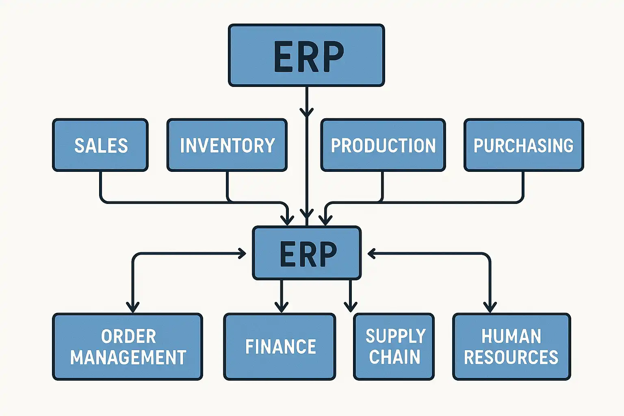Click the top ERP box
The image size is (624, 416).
point(306,55)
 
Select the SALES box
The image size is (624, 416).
point(100,145)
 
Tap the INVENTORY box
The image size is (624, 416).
point(227,145)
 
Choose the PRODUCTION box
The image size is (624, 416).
point(383,145)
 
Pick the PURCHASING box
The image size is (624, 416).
point(524,145)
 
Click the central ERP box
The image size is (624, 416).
point(307,253)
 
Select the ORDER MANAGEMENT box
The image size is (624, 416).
point(128,347)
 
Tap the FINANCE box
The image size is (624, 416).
point(280,347)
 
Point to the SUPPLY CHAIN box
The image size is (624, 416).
point(394,347)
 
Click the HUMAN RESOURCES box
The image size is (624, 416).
point(511,347)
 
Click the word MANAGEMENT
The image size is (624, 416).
point(128,357)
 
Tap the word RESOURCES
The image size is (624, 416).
point(511,357)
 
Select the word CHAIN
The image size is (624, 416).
point(394,357)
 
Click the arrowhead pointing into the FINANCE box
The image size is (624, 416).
point(281,307)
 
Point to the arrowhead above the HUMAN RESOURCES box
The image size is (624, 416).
point(490,307)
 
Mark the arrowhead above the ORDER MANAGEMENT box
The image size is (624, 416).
point(133,307)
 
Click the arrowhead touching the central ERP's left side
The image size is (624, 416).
point(243,253)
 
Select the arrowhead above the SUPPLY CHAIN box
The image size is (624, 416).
point(351,306)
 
